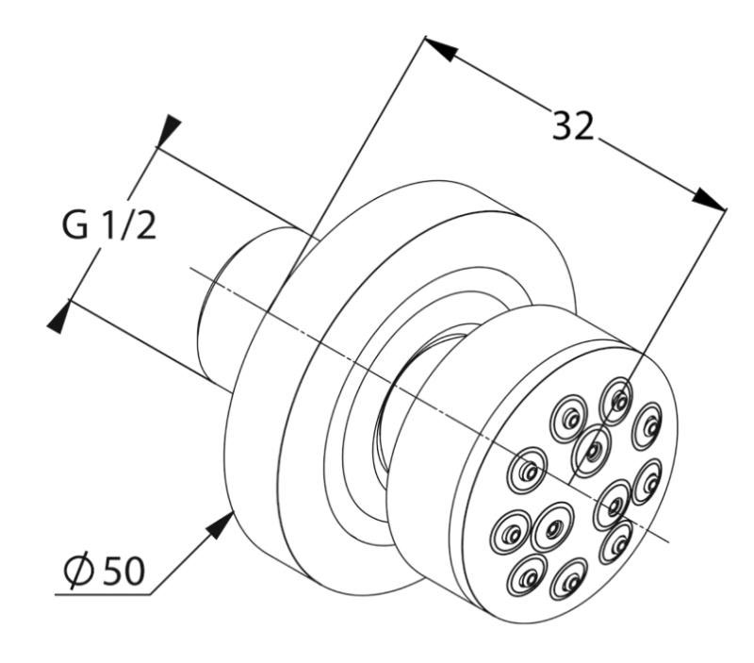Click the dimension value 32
click(x=573, y=124)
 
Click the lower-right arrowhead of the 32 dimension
click(x=712, y=199)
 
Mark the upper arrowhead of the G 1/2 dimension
click(x=169, y=130)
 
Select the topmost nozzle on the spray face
click(x=617, y=396)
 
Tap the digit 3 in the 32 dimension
click(x=562, y=124)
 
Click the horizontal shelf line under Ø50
click(x=104, y=594)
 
